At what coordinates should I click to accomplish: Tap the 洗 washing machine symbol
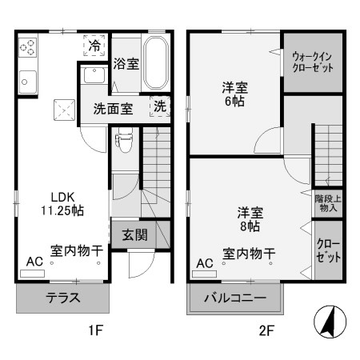tap(160, 106)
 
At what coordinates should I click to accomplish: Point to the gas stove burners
tap(28, 47)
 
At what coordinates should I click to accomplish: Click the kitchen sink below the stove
tap(27, 81)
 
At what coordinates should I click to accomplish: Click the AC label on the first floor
tap(34, 262)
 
